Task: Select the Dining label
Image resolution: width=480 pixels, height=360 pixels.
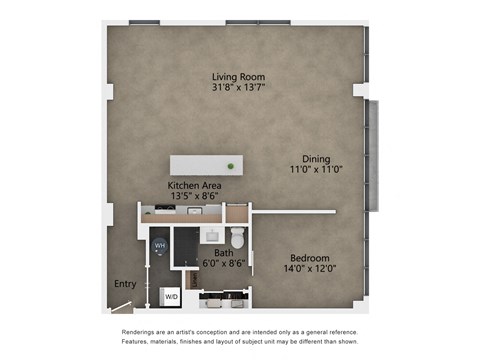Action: click(317, 158)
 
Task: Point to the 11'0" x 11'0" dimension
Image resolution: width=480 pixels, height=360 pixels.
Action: click(317, 169)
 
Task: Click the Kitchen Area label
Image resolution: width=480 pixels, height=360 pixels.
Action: click(194, 185)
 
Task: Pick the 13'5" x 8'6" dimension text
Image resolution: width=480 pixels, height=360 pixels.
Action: click(194, 196)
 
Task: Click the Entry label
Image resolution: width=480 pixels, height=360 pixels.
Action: click(125, 284)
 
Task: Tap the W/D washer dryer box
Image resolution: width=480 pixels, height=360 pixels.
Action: click(171, 297)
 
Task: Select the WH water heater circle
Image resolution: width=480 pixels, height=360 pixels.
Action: click(160, 245)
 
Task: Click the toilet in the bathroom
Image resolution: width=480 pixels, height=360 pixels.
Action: click(237, 238)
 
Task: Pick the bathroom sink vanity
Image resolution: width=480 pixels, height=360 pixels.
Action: click(213, 235)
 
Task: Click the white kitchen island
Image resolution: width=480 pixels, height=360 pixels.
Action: click(206, 165)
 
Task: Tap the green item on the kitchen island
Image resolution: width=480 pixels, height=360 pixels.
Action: click(231, 165)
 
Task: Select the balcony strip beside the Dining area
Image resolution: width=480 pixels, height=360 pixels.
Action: click(374, 155)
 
